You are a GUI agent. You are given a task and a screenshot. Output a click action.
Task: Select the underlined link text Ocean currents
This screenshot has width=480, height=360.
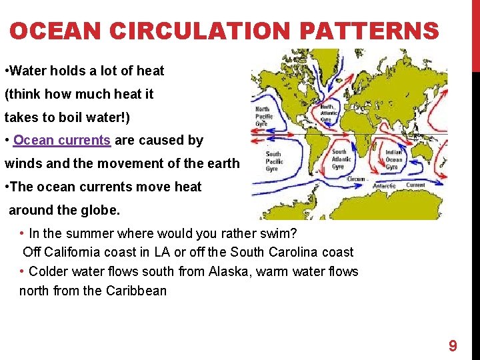coord(61,141)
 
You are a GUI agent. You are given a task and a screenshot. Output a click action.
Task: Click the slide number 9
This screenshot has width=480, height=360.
coord(453,345)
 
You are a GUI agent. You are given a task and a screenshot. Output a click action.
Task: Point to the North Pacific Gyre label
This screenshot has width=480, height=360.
coord(264,116)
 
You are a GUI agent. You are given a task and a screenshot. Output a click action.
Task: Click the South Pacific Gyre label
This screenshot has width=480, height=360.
coord(273,162)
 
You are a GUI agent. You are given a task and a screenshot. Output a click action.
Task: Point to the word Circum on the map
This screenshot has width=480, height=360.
coord(357,179)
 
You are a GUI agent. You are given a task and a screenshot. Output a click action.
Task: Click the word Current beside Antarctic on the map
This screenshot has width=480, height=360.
coord(415,185)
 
